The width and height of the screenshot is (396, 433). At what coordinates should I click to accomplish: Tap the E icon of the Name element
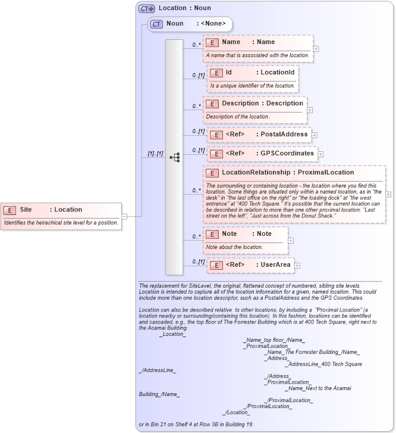(212, 42)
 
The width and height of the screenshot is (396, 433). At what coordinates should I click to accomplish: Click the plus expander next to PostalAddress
(315, 135)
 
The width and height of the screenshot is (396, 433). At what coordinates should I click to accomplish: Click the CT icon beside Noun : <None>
(156, 24)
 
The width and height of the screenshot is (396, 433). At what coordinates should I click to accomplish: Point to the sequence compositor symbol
(174, 157)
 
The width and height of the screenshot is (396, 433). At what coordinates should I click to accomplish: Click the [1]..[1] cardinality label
(155, 154)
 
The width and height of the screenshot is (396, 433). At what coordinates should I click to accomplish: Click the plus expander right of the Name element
(316, 49)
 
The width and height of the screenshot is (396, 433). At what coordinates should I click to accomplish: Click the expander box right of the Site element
(124, 216)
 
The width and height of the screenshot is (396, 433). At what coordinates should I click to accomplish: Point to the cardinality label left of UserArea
(198, 261)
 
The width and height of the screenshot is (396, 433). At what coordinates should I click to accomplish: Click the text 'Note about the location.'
(234, 247)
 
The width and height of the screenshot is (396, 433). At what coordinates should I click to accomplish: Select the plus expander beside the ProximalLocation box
(388, 194)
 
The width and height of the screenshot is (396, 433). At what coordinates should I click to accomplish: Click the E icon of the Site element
(10, 210)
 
